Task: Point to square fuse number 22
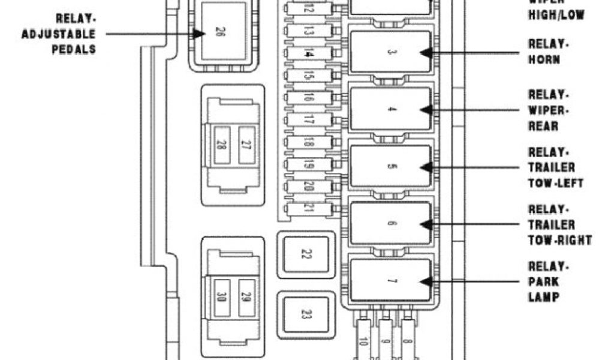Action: click(306, 255)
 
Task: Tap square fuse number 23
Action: click(306, 313)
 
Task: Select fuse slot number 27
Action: click(246, 145)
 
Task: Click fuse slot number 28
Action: click(221, 145)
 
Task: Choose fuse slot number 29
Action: click(246, 297)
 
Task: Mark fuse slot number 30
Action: click(221, 297)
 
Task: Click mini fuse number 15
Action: click(309, 76)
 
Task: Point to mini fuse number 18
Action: click(309, 142)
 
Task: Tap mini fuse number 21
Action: click(309, 208)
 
